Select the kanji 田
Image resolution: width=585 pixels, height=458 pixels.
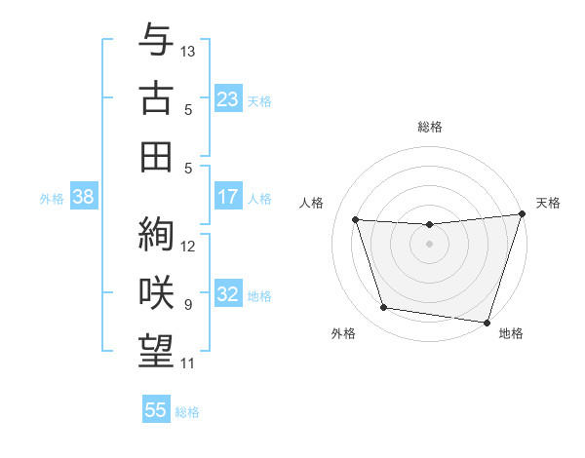(156, 156)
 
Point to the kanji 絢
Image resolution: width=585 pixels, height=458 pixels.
(156, 234)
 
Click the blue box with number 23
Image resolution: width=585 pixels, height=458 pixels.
(227, 99)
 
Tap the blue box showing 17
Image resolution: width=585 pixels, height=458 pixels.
(227, 197)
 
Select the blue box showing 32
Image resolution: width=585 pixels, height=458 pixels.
(227, 295)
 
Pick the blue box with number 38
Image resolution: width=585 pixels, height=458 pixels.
(83, 197)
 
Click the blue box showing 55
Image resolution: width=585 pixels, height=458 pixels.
(156, 410)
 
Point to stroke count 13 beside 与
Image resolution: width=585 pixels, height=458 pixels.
(188, 50)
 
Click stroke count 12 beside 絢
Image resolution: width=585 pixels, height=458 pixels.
(188, 246)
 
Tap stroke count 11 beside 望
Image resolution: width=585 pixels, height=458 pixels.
(188, 363)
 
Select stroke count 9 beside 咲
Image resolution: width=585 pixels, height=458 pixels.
(188, 304)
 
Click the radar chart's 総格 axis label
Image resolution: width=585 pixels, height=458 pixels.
(429, 128)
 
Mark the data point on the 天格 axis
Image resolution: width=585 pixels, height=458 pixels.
(522, 214)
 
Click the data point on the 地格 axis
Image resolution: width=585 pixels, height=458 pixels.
(487, 322)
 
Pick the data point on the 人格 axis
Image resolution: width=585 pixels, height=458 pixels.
(356, 220)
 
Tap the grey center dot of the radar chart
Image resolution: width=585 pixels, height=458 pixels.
(429, 244)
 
